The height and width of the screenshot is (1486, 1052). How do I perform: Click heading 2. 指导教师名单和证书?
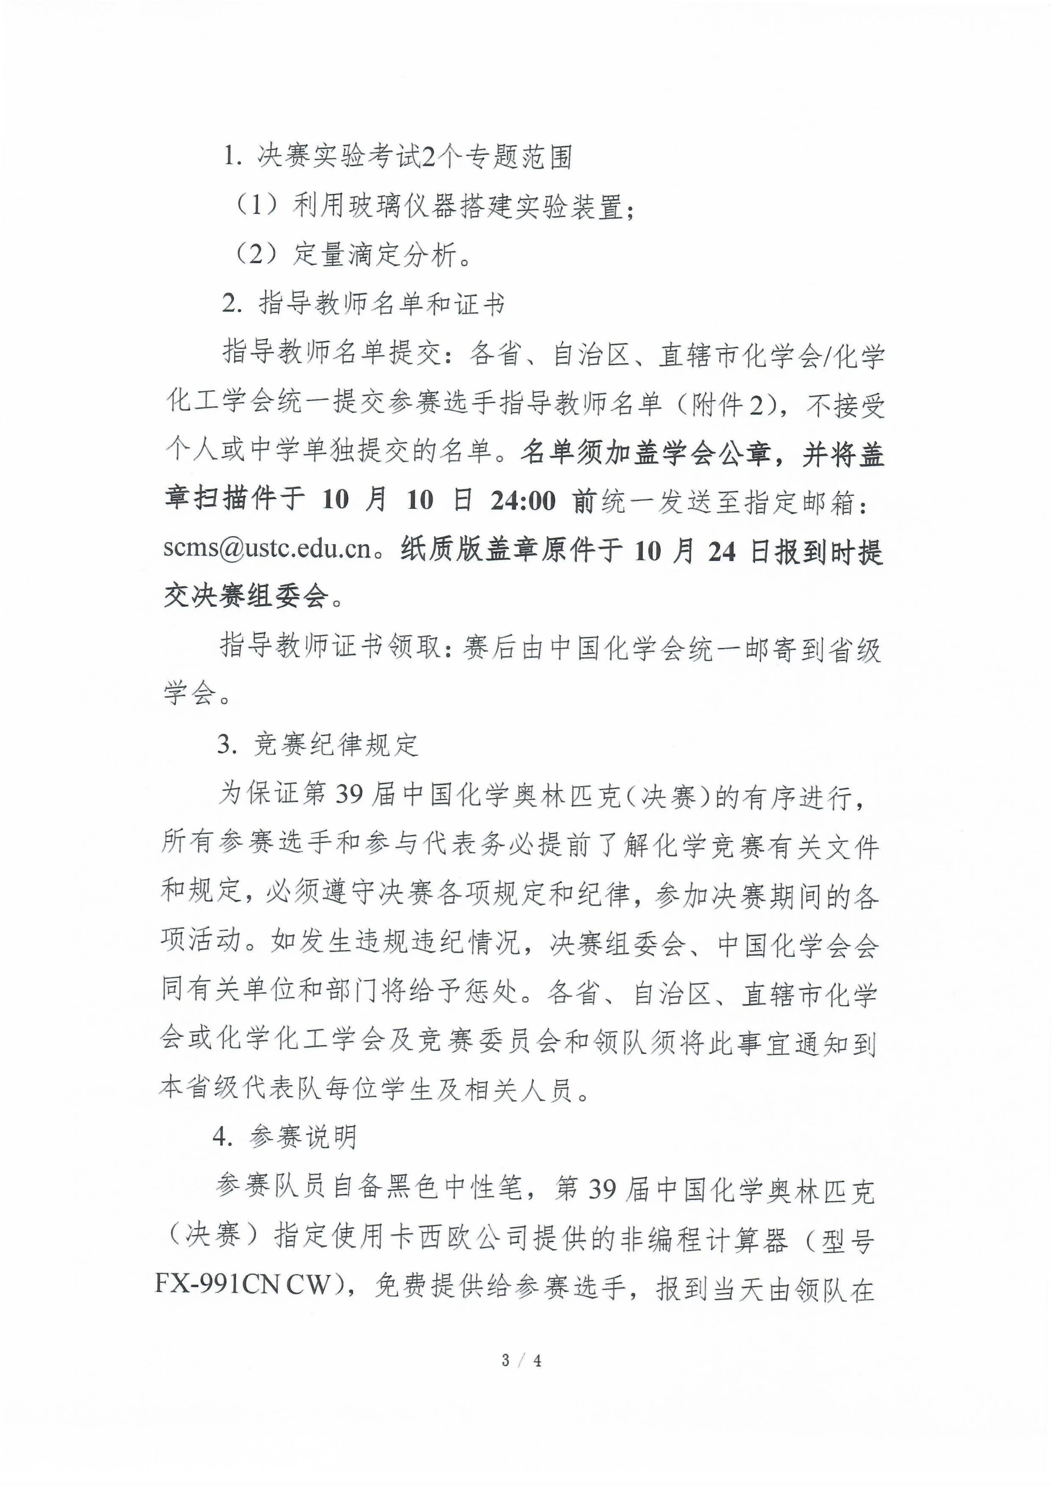(363, 304)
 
